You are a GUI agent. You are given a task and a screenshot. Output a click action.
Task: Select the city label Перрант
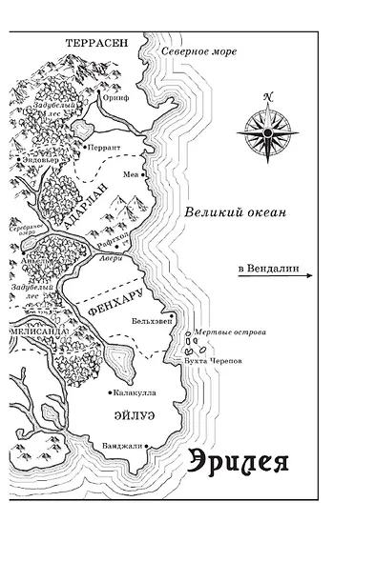[103, 149]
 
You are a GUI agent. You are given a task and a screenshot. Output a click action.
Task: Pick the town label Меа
[132, 176]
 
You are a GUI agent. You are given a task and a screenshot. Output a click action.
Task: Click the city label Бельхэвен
[153, 321]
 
